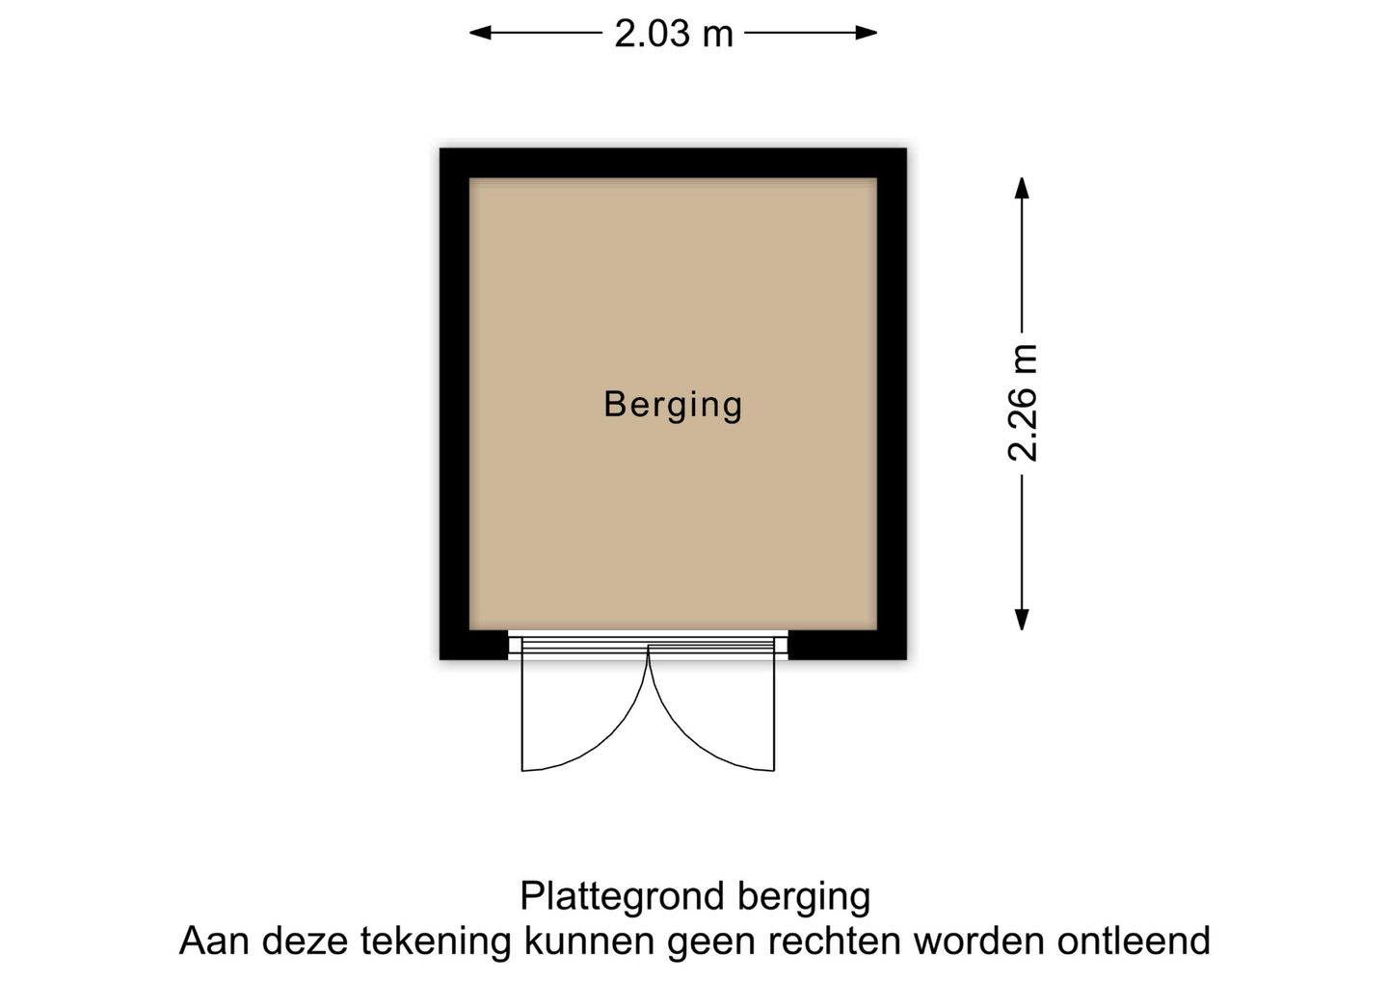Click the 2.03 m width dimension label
(x=674, y=34)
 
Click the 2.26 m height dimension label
(x=1022, y=403)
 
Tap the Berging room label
(x=673, y=406)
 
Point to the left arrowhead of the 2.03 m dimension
(x=480, y=33)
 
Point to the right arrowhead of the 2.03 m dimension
(x=867, y=33)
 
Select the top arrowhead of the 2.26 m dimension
(x=1022, y=188)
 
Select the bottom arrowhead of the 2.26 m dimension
(x=1022, y=620)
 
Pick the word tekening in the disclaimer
(x=436, y=942)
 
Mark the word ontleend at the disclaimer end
(x=1134, y=941)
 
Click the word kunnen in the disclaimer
(x=589, y=941)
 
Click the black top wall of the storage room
(x=673, y=163)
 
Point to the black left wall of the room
(x=454, y=404)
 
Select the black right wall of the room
(x=892, y=404)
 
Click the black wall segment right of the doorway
(x=847, y=645)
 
